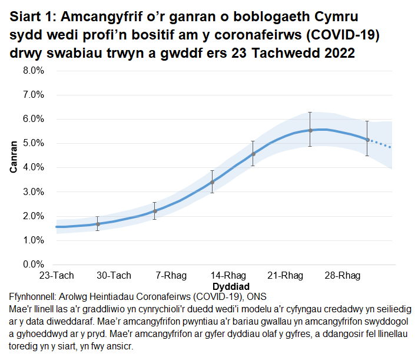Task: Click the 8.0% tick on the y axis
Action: (34, 71)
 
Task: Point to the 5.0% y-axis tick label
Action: (34, 143)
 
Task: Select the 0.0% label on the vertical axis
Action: (34, 265)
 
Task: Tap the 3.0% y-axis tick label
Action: (34, 192)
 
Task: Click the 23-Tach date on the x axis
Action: (56, 276)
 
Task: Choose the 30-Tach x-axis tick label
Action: (113, 276)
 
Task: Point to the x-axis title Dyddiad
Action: (228, 286)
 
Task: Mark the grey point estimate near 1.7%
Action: (98, 224)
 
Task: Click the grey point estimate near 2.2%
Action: (155, 211)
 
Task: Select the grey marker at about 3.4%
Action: (212, 183)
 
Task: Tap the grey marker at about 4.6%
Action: (253, 154)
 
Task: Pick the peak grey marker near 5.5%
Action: (310, 130)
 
